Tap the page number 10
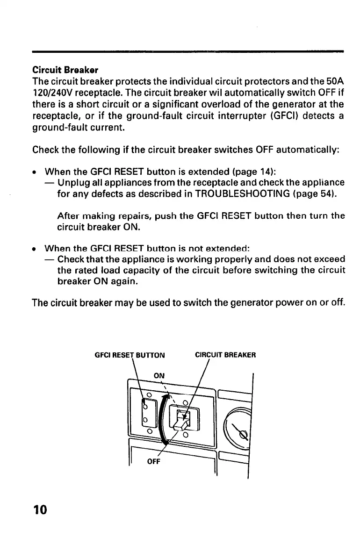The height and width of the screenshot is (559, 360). coord(41,509)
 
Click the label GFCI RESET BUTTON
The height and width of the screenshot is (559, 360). coord(130,355)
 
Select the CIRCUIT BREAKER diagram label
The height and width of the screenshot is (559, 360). coord(225,355)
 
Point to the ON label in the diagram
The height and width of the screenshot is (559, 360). coord(159,375)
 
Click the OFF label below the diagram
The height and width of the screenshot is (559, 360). coord(154,462)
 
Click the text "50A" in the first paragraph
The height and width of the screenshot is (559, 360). coord(334,81)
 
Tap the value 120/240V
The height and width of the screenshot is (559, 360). coord(53,93)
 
